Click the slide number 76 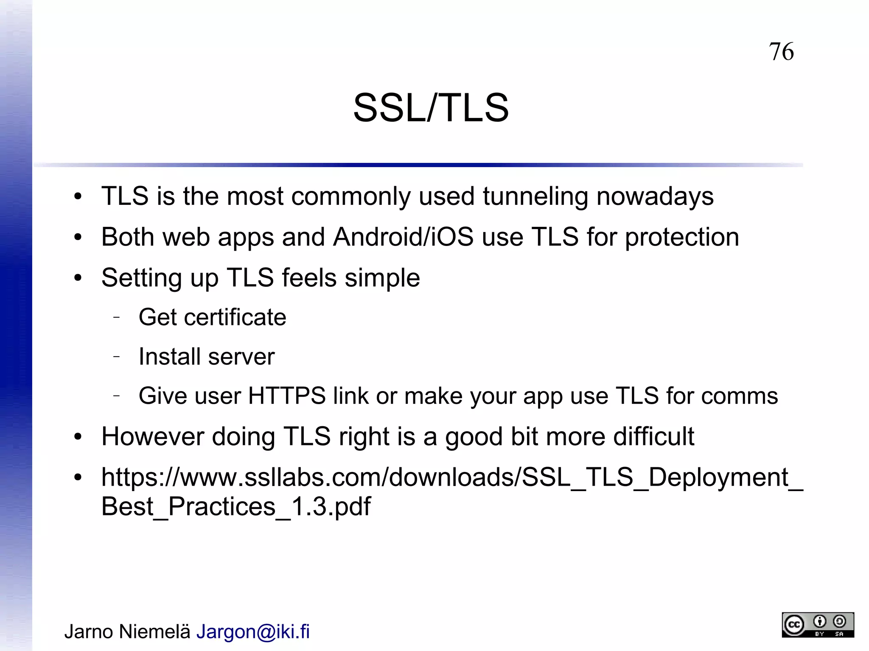coord(781,52)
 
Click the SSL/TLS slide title coord(431,108)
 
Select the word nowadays coord(655,196)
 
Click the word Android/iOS coord(403,237)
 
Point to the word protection coord(682,237)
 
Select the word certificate coord(235,317)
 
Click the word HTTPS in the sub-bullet coord(286,396)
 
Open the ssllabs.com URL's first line coord(452,478)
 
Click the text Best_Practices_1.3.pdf coord(236,506)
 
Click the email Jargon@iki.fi coord(253,631)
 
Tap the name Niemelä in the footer coord(154,631)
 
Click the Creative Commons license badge coord(818,624)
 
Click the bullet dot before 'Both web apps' coord(78,237)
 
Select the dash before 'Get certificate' coord(117,317)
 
